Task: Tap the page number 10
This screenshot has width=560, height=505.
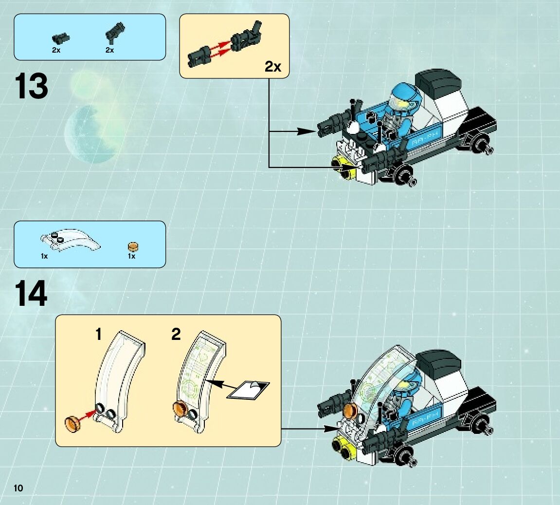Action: (x=19, y=488)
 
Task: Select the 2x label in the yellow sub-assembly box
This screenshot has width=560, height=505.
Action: (x=273, y=67)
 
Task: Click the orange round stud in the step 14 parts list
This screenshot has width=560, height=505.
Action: (x=131, y=246)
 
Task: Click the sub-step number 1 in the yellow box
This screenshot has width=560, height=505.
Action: (x=99, y=335)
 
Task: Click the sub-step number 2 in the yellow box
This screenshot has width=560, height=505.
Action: (x=176, y=335)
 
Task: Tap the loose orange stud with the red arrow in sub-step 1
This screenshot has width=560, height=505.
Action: (x=73, y=423)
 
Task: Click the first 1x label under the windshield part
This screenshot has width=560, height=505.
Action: (x=44, y=256)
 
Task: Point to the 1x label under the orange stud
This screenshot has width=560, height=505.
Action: (x=131, y=256)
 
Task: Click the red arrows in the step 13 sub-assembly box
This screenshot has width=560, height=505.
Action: (x=218, y=50)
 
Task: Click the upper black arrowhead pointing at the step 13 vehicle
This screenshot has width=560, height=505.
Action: (x=307, y=131)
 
